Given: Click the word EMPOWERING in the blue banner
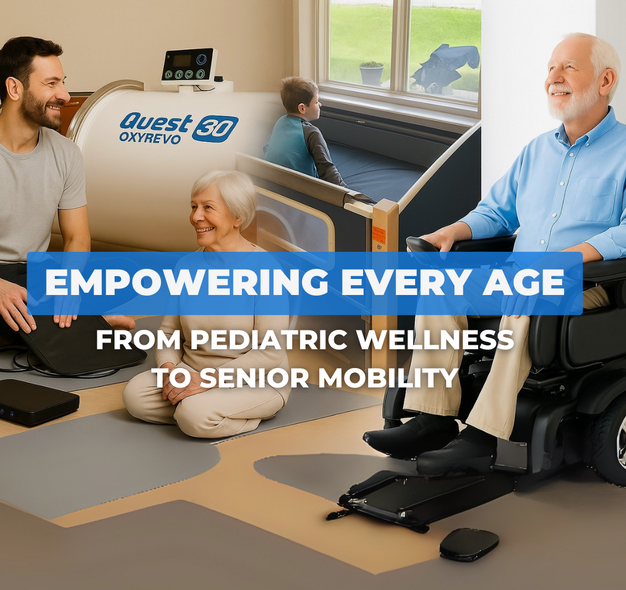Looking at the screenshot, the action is coord(187,282).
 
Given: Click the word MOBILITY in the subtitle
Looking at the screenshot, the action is coord(388,377).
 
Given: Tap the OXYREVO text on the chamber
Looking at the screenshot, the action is coord(149,137).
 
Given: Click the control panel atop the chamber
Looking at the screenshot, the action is coord(188,66).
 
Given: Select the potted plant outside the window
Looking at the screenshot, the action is coord(372,73).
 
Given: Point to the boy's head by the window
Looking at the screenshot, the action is coord(300,95).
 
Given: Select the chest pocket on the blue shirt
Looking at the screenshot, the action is coord(596,200).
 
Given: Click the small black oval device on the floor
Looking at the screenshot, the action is coord(469,544).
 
